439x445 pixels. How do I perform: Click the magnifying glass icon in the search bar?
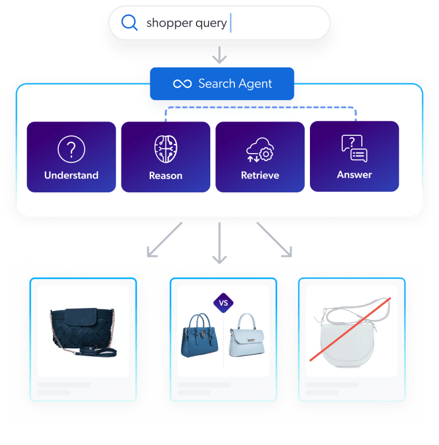click(x=130, y=22)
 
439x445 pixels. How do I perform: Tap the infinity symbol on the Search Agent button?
click(x=182, y=84)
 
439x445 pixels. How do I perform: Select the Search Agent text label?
click(x=235, y=84)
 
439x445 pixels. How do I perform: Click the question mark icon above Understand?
click(x=71, y=149)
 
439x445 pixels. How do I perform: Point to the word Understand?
click(x=71, y=175)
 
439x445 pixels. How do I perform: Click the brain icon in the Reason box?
click(x=165, y=149)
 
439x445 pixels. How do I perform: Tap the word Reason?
click(x=165, y=176)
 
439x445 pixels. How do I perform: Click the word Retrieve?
click(x=260, y=175)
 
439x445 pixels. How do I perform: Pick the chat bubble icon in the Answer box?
click(x=354, y=149)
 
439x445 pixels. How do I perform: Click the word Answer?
click(x=354, y=174)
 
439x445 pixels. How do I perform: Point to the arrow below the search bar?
click(x=219, y=55)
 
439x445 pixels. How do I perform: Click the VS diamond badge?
click(x=224, y=302)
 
